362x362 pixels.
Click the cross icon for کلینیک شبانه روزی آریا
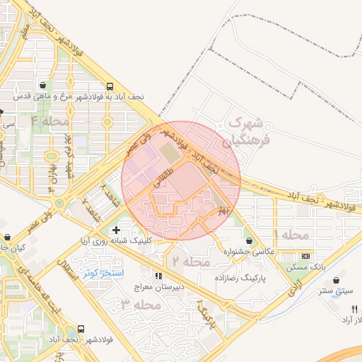[x=116, y=230]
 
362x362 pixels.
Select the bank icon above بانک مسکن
[x=305, y=256]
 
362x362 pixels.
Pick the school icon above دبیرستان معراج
[x=158, y=276]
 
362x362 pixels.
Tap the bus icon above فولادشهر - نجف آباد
[x=81, y=329]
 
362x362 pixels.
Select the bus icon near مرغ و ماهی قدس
[x=110, y=85]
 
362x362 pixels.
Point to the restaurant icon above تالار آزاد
[x=355, y=308]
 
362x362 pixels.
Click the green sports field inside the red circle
[x=169, y=151]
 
